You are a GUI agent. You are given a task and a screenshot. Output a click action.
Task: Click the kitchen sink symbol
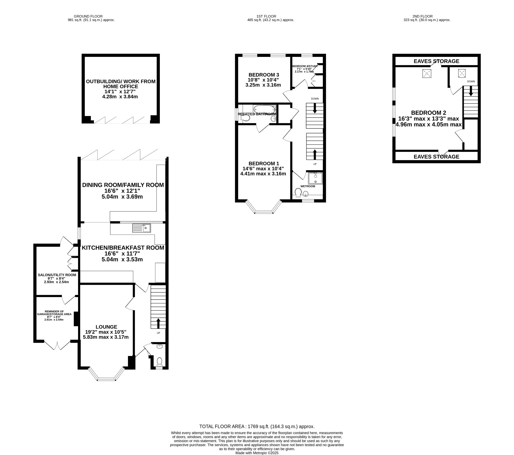click(x=141, y=228)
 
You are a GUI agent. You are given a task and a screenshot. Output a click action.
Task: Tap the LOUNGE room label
click(x=106, y=327)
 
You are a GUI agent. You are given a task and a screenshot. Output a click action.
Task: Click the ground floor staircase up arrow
click(x=158, y=323)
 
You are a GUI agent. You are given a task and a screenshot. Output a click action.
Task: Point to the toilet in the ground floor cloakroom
click(x=159, y=361)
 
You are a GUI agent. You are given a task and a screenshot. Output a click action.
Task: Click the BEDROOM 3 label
click(x=264, y=75)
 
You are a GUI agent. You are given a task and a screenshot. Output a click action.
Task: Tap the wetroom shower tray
click(x=315, y=178)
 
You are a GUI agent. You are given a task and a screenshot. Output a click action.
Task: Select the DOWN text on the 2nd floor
click(x=471, y=81)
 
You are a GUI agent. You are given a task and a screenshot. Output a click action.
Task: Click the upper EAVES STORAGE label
click(x=436, y=61)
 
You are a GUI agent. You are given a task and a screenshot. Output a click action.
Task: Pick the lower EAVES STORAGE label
click(x=436, y=156)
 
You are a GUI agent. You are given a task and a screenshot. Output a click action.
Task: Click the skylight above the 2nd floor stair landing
click(x=462, y=73)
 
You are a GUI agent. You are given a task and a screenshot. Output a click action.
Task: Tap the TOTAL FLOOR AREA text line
click(x=257, y=426)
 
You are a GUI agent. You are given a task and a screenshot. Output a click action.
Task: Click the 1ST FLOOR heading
click(x=266, y=16)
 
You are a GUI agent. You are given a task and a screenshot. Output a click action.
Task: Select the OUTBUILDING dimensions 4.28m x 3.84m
click(x=120, y=97)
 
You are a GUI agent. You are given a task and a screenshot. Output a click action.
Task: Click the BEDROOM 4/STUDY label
click(x=304, y=66)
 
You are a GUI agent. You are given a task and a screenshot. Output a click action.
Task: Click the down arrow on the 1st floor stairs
click(x=314, y=109)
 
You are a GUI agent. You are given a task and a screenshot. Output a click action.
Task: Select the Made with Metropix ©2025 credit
click(x=257, y=453)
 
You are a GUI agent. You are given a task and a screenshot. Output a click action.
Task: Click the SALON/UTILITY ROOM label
click(x=57, y=275)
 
